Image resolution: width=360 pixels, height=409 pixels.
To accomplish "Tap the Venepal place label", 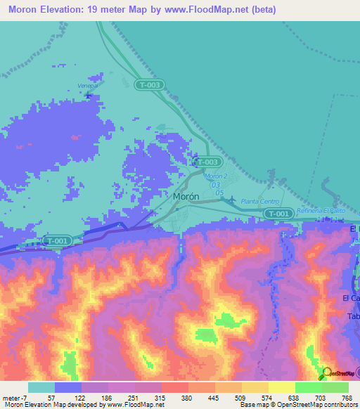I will [86, 86].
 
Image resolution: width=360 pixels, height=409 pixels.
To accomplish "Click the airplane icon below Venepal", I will [88, 95].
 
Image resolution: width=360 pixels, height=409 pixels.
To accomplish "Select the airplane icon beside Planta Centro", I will [231, 200].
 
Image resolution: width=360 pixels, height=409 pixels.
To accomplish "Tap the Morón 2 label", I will [217, 175].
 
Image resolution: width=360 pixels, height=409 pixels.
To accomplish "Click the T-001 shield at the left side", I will [57, 241].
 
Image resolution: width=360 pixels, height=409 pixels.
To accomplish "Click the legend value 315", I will [160, 397].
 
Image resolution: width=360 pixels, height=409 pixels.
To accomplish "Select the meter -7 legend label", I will [15, 397].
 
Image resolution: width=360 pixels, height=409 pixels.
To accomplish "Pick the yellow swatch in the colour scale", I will [281, 387].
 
